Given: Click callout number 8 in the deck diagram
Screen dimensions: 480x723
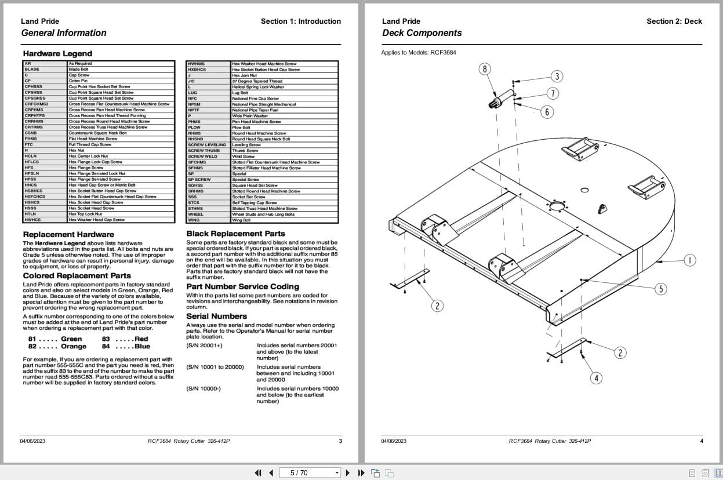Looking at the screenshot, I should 485,70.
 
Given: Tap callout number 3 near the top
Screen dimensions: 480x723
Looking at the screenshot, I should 557,77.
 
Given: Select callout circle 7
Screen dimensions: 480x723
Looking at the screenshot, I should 553,93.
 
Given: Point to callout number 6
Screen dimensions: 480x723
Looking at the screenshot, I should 546,112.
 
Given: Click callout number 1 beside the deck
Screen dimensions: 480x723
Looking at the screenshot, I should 689,260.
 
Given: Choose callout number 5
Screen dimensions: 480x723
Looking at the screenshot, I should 660,289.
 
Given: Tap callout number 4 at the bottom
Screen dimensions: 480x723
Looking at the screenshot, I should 596,379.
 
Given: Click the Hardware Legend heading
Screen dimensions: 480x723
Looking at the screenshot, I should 57,54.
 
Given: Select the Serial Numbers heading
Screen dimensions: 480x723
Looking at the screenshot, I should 216,317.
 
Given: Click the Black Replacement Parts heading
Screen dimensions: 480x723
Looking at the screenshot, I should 235,234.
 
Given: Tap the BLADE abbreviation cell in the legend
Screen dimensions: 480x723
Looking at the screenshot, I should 32,70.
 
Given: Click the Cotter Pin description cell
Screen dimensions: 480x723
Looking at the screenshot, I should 78,81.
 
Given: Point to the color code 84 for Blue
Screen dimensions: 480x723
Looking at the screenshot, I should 106,347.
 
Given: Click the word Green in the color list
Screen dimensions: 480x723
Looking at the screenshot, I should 71,339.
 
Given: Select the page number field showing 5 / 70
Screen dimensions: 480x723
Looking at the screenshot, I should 311,472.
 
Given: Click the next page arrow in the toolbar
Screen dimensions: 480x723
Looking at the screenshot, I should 348,472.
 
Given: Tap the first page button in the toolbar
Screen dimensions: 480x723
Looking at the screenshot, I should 258,472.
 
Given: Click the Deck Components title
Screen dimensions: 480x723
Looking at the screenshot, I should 422,33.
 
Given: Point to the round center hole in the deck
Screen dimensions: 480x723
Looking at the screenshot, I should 557,206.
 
